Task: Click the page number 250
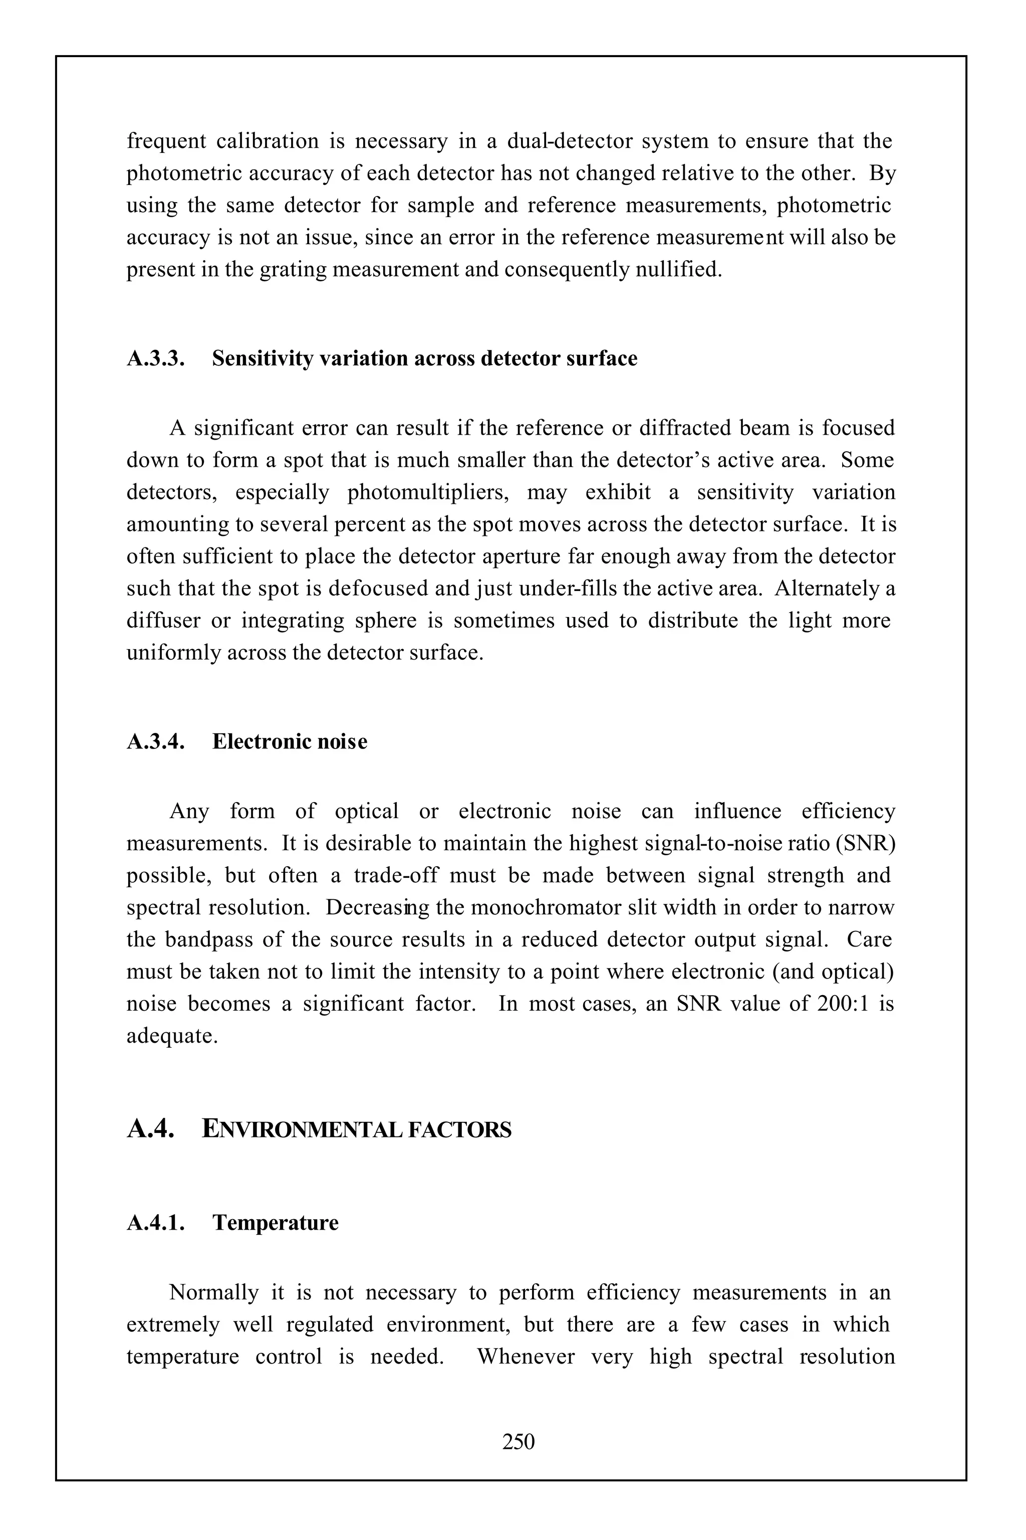click(x=518, y=1441)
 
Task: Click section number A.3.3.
click(x=156, y=359)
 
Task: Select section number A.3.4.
click(x=156, y=742)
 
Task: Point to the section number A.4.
click(x=150, y=1129)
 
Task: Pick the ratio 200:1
click(x=843, y=1004)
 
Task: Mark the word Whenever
click(x=526, y=1357)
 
